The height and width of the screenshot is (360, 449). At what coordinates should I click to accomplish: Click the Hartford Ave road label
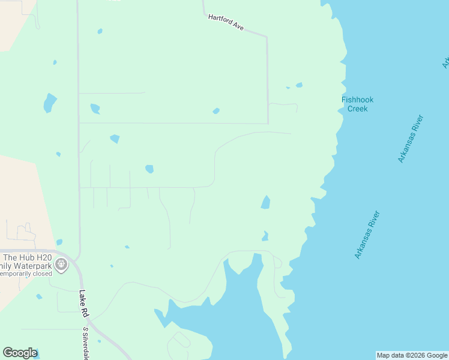(226, 23)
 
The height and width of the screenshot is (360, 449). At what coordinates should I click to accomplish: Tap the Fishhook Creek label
(358, 104)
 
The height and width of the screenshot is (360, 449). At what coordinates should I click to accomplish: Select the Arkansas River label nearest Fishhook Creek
(411, 139)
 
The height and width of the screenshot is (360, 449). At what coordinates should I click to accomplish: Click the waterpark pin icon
(61, 263)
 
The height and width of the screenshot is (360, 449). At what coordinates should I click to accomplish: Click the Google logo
(19, 353)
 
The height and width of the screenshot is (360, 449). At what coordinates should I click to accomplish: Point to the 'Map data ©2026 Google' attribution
(412, 355)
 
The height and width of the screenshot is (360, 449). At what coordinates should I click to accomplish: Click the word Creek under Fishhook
(358, 109)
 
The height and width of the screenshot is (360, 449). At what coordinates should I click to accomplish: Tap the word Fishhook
(358, 100)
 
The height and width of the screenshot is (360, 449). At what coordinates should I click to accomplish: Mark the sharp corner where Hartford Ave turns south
(267, 37)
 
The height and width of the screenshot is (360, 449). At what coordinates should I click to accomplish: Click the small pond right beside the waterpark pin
(59, 242)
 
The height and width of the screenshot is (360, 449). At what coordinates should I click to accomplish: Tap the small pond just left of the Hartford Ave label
(100, 31)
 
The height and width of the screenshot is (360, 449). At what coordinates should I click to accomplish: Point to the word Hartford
(220, 20)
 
